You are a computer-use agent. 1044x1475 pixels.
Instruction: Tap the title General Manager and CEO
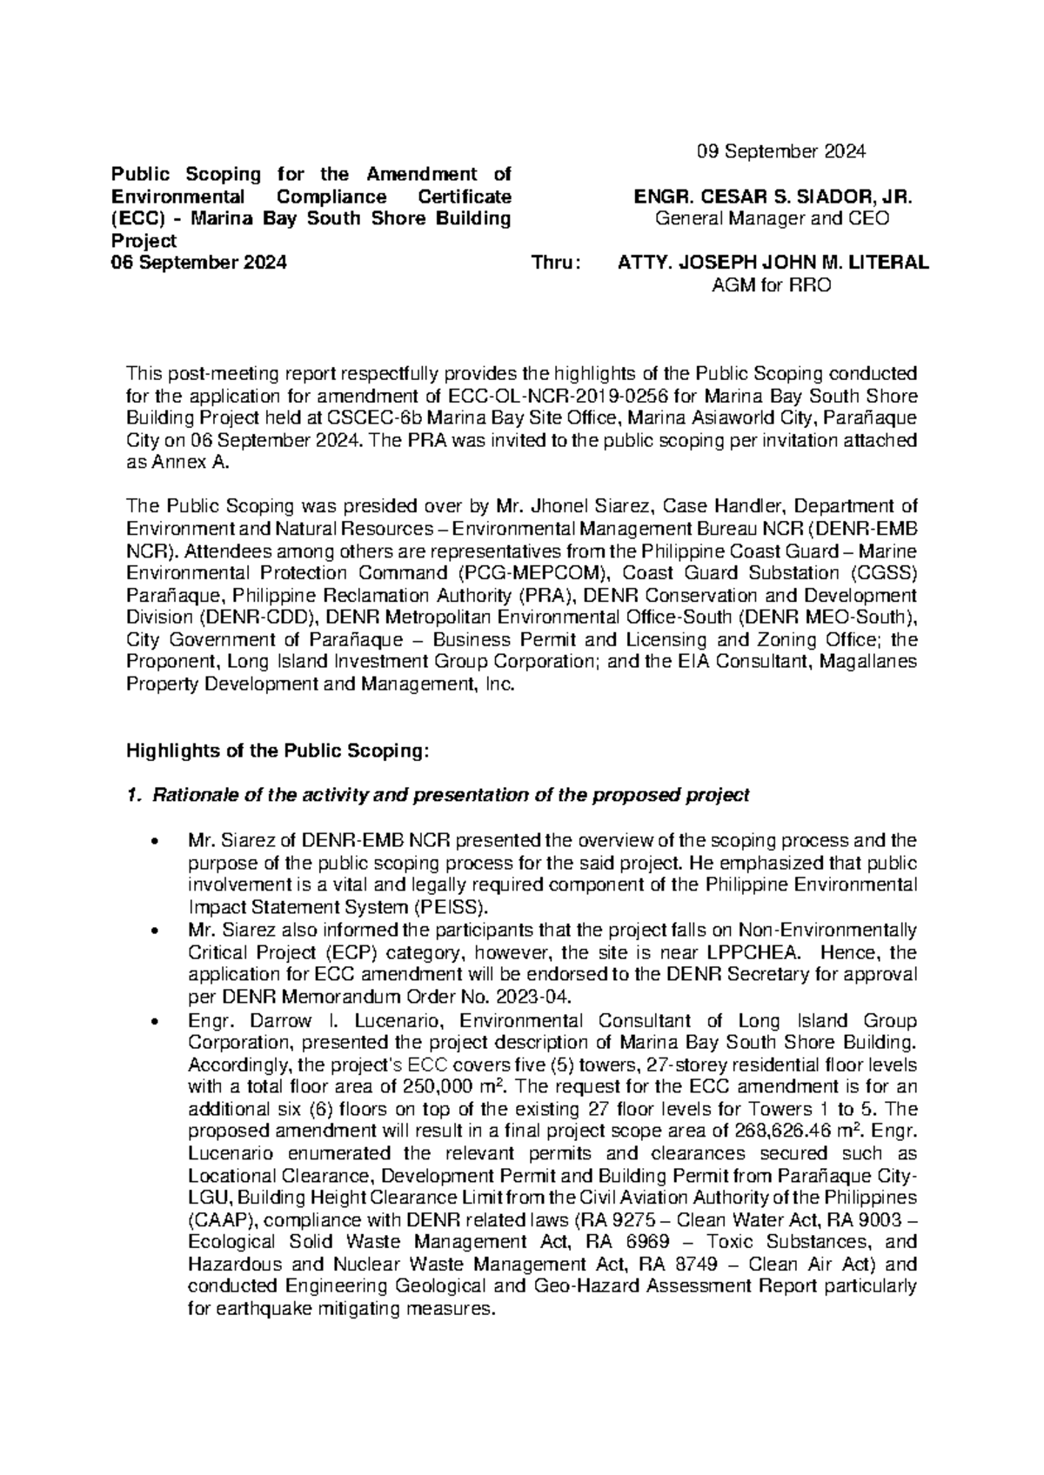(x=772, y=219)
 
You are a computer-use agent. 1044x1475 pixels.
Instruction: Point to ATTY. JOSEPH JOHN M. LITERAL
(x=772, y=263)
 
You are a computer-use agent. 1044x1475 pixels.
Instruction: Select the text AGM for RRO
(x=772, y=285)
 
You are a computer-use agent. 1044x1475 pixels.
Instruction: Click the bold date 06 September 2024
(x=205, y=263)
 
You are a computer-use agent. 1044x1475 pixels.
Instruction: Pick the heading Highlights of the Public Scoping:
(x=278, y=751)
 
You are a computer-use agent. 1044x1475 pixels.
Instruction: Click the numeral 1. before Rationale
(x=133, y=795)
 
